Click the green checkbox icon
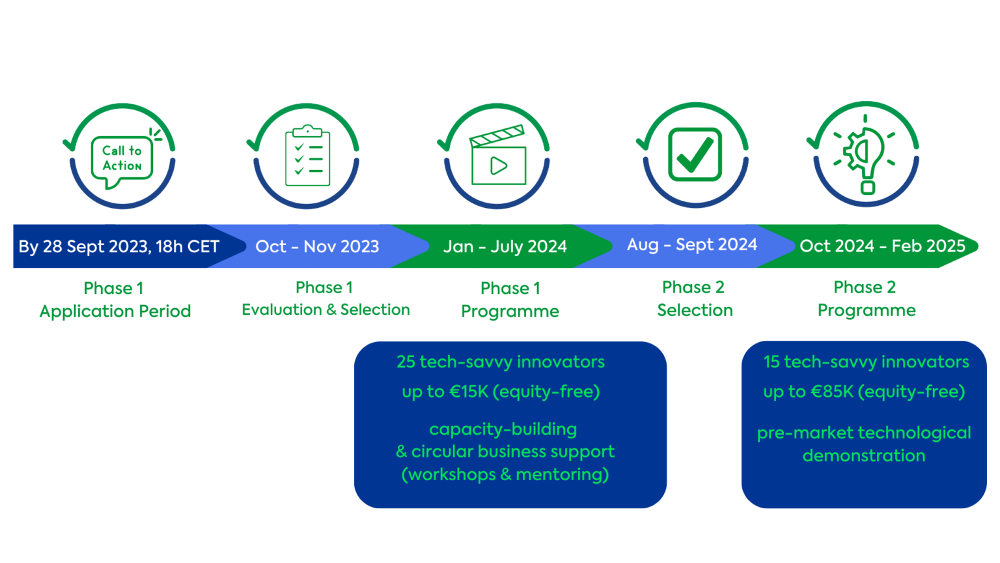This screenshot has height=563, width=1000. point(695,154)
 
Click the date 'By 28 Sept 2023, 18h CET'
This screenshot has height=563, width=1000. point(118,246)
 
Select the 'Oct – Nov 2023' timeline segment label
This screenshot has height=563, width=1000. point(317,246)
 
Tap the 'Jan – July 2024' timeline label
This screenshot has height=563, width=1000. point(505,246)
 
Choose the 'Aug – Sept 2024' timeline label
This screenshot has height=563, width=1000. point(692,244)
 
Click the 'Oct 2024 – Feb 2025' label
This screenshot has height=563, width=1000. point(883,246)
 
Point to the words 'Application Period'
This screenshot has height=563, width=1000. point(115,311)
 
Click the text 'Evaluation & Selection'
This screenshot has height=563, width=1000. point(326,310)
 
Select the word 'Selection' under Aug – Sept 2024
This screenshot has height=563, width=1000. point(695,310)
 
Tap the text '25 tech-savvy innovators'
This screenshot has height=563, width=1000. point(501,362)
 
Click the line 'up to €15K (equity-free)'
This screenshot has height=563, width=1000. point(501,392)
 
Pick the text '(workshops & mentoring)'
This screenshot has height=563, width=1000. point(505,474)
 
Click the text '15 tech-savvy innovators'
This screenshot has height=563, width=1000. point(866,362)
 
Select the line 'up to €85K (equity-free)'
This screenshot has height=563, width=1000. point(865,392)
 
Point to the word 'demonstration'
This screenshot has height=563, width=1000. point(864,455)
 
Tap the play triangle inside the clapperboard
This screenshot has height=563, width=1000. point(498,166)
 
